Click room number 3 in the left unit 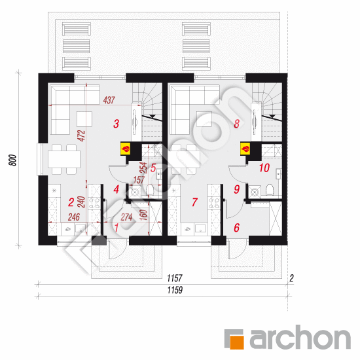(115, 123)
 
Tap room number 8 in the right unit (236, 123)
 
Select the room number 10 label (264, 168)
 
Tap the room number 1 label (117, 227)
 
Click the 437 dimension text (110, 100)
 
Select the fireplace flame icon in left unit (124, 149)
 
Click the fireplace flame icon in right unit (245, 149)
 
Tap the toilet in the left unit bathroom (151, 191)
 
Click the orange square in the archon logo (235, 340)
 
